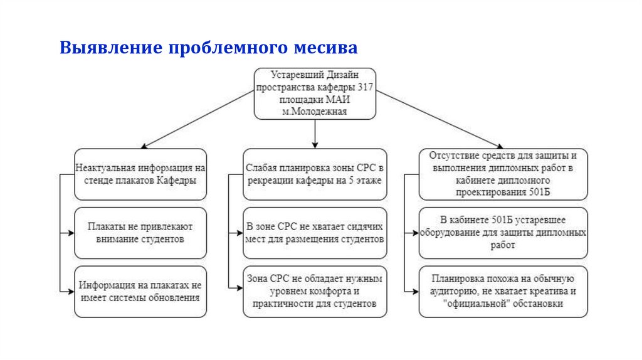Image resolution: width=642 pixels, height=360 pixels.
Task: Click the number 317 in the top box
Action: pyautogui.click(x=366, y=86)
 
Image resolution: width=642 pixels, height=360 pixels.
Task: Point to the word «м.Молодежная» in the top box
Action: pyautogui.click(x=315, y=111)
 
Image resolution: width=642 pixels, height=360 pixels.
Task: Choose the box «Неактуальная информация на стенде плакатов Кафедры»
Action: pyautogui.click(x=140, y=174)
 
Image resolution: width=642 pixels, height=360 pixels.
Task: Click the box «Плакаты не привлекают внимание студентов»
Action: pyautogui.click(x=140, y=233)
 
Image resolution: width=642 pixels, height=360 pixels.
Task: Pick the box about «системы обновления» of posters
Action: pyautogui.click(x=140, y=291)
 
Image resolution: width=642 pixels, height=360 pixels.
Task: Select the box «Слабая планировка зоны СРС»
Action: pyautogui.click(x=314, y=174)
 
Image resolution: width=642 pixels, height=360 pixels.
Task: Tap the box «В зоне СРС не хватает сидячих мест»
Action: pyautogui.click(x=314, y=233)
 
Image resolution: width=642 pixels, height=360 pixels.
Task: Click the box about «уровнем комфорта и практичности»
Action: pyautogui.click(x=314, y=291)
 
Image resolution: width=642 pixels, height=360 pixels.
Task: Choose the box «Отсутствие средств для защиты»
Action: pyautogui.click(x=503, y=174)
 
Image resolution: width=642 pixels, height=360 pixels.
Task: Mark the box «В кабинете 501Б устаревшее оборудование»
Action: pyautogui.click(x=503, y=233)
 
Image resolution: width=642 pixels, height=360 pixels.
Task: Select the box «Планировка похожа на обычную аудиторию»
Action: pyautogui.click(x=503, y=291)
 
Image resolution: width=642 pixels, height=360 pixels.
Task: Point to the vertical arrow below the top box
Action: pyautogui.click(x=315, y=133)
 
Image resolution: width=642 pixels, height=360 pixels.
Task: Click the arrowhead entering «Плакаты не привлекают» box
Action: pyautogui.click(x=70, y=233)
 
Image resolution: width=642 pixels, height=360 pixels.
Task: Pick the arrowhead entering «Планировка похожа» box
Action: pyautogui.click(x=415, y=291)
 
